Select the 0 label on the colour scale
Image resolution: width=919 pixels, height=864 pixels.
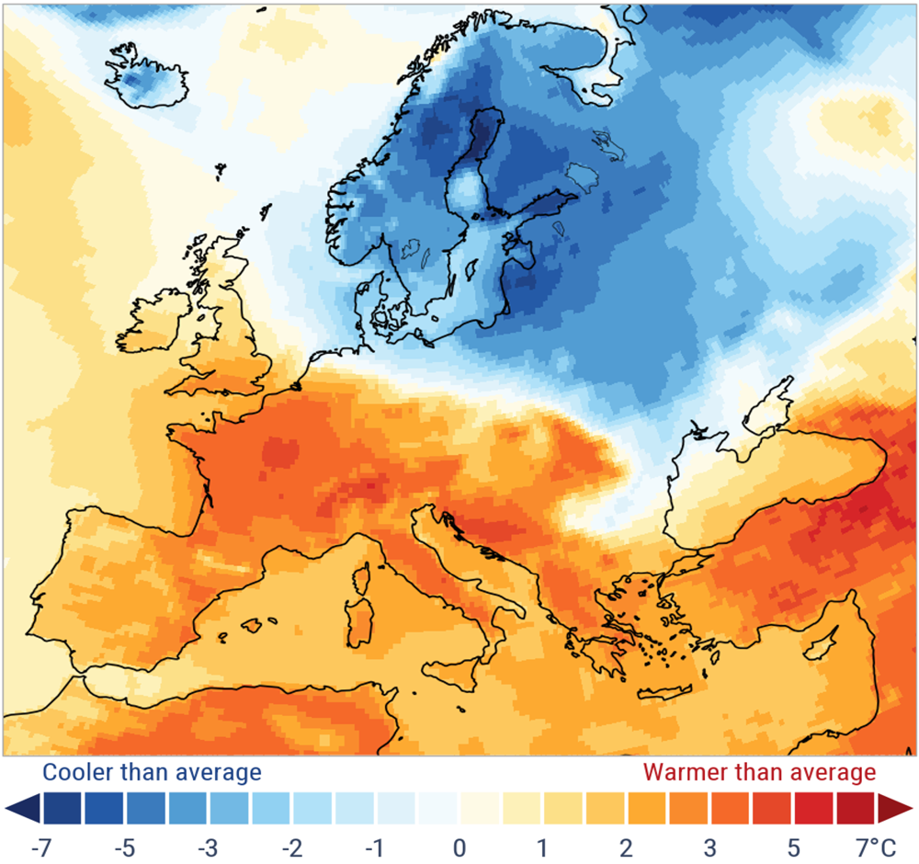[x=459, y=845]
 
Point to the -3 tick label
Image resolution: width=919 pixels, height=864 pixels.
[x=210, y=845]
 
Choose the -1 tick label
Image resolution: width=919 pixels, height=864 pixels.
[x=375, y=845]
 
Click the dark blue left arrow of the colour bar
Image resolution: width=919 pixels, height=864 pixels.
[x=20, y=809]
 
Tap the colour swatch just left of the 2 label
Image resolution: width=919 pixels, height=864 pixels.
[x=607, y=809]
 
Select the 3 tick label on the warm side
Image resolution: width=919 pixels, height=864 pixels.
[x=709, y=845]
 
